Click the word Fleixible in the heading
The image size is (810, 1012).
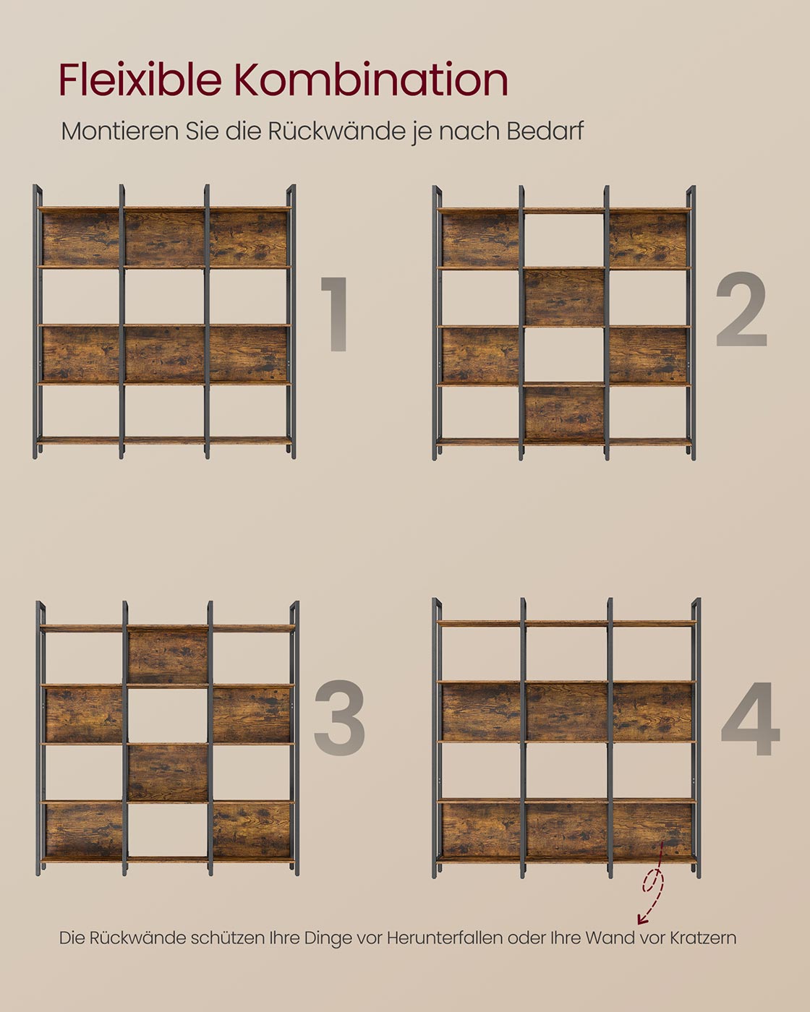(140, 80)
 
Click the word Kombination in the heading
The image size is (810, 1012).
(371, 80)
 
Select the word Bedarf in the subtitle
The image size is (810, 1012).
(545, 131)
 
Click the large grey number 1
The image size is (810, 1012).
(335, 314)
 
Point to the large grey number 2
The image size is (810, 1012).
(741, 309)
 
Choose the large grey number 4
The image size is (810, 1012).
(750, 718)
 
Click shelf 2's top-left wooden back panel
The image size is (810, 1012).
(481, 239)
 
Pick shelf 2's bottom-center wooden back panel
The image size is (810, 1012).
(564, 413)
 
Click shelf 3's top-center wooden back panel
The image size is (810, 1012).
(168, 657)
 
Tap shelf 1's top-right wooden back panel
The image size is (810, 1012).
(248, 239)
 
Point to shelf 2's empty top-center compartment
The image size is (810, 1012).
(564, 240)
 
